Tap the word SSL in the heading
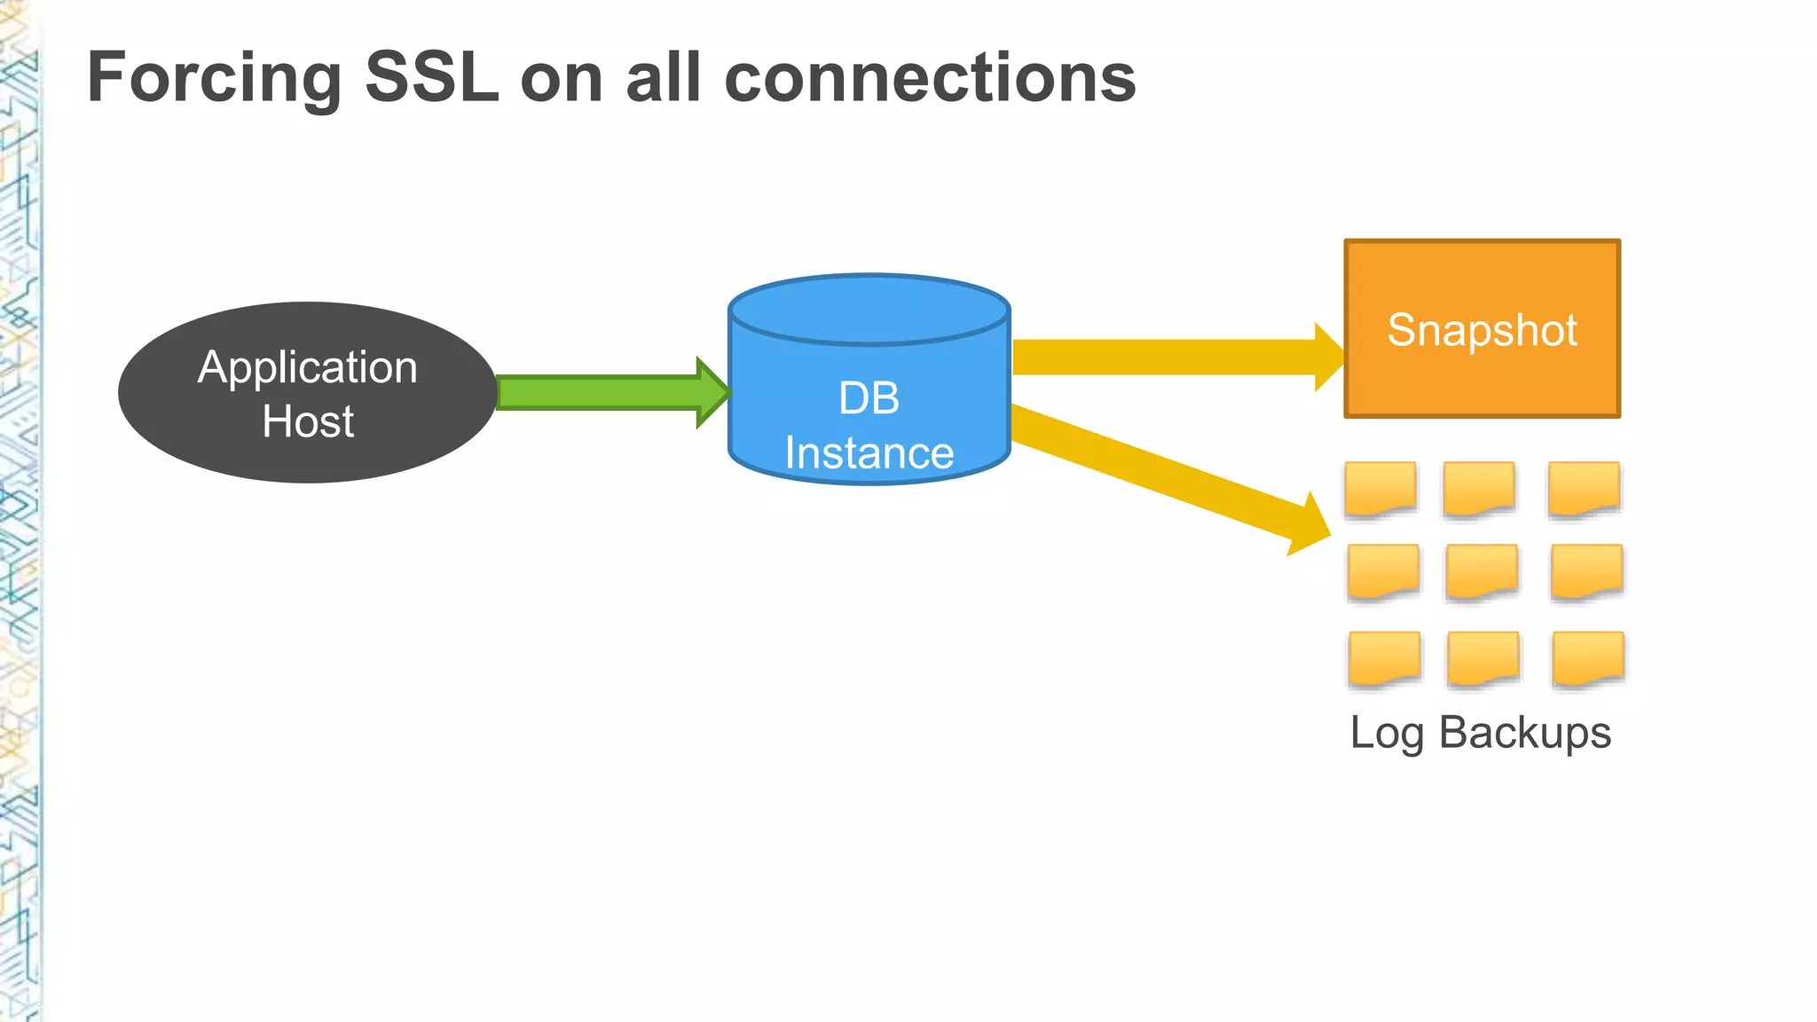click(432, 78)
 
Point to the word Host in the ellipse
click(308, 421)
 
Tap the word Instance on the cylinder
click(869, 453)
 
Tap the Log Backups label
click(1480, 733)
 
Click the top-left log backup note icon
click(1380, 488)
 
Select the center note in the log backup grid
click(1482, 571)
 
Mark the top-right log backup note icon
click(1584, 488)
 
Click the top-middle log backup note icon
click(1478, 488)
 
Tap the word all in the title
click(665, 78)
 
